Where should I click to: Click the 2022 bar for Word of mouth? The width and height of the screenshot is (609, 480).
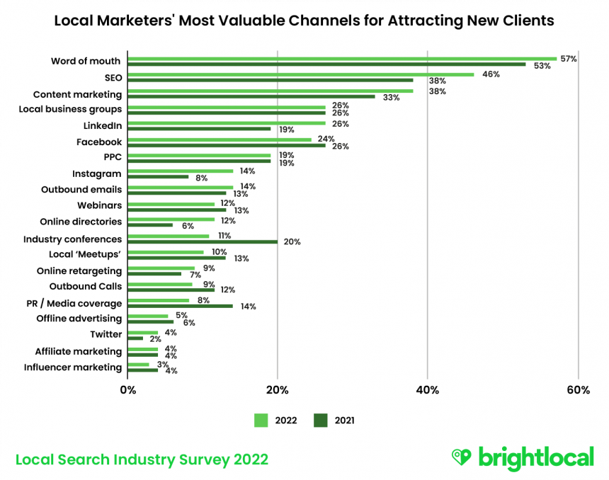click(x=342, y=58)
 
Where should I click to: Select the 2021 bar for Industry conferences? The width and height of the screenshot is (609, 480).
click(x=203, y=241)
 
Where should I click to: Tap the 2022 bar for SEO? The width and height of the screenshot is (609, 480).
click(x=301, y=74)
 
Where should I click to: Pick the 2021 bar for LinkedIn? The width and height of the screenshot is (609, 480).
click(x=199, y=129)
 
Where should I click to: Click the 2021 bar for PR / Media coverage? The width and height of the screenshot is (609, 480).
click(x=180, y=306)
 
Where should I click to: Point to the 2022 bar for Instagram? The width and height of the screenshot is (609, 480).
click(x=181, y=171)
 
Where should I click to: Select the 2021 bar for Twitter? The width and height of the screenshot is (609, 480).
click(x=135, y=338)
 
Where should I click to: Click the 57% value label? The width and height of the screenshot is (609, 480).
click(x=569, y=59)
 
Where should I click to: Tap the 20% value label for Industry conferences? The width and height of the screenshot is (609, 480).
click(x=292, y=241)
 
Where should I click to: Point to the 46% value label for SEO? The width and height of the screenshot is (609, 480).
click(x=491, y=74)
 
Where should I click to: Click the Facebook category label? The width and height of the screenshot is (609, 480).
click(x=99, y=142)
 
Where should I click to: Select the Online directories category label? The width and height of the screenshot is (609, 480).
click(x=81, y=222)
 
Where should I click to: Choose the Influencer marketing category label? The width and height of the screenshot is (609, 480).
click(x=73, y=367)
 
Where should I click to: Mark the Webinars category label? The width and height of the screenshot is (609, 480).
click(x=100, y=205)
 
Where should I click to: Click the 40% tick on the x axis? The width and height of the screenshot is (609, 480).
click(x=428, y=390)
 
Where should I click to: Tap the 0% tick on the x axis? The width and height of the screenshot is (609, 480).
click(x=128, y=390)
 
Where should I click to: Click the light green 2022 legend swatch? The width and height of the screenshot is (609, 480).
click(x=261, y=421)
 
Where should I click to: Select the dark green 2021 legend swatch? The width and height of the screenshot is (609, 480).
click(x=321, y=421)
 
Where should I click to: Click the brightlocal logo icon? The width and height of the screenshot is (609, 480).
click(x=461, y=457)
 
